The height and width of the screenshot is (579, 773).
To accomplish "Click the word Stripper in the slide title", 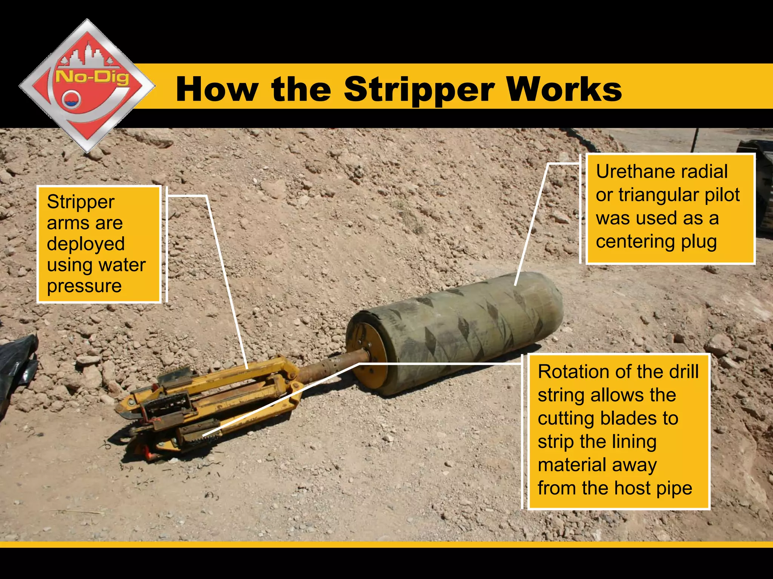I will (x=419, y=89).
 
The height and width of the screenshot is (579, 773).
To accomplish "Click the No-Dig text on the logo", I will (x=92, y=77).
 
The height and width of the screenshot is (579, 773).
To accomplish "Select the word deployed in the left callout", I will (x=86, y=244).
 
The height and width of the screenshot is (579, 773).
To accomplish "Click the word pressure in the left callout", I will (x=84, y=286).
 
